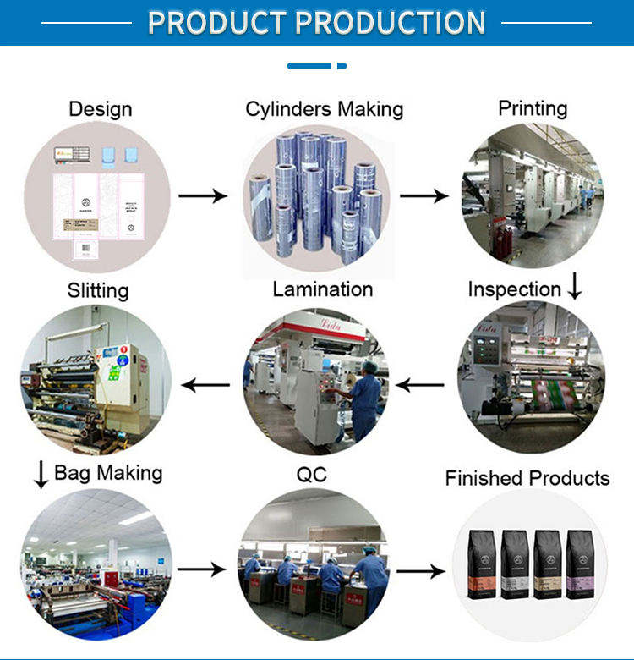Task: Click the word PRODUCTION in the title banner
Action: pos(391,22)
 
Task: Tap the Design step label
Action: pos(101,109)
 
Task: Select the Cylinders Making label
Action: pos(324,109)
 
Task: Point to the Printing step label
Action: pos(533,108)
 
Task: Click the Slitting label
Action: pos(98,290)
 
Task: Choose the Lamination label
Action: pos(323,289)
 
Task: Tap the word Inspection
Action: pos(514,289)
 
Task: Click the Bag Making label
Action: pos(108,472)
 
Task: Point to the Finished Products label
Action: pos(527,478)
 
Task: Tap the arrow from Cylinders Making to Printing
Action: pos(424,195)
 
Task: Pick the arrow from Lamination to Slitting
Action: pos(206,386)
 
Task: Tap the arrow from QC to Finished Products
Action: pos(421,572)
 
